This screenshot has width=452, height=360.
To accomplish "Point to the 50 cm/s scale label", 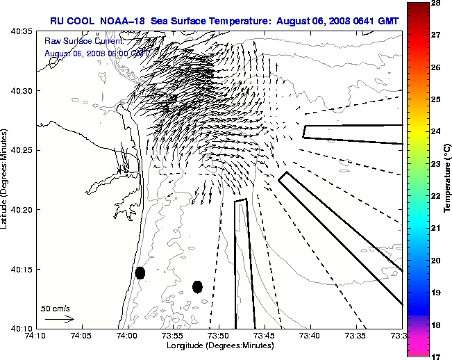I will click(56, 308).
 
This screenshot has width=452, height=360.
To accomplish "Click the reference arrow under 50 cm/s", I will click(59, 319).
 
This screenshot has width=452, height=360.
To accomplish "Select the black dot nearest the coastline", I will click(140, 272).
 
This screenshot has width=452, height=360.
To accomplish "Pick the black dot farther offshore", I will click(197, 286).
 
